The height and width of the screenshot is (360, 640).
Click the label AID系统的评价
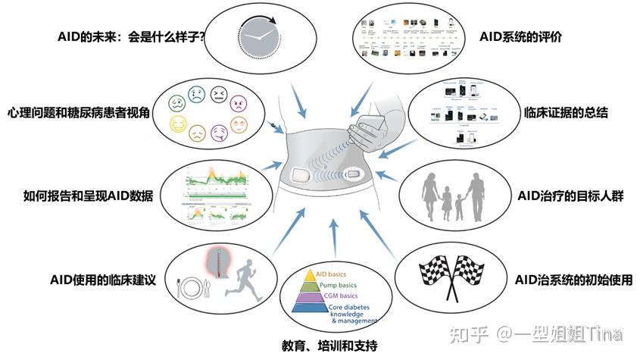521,36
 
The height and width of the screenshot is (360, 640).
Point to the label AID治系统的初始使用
573,278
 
